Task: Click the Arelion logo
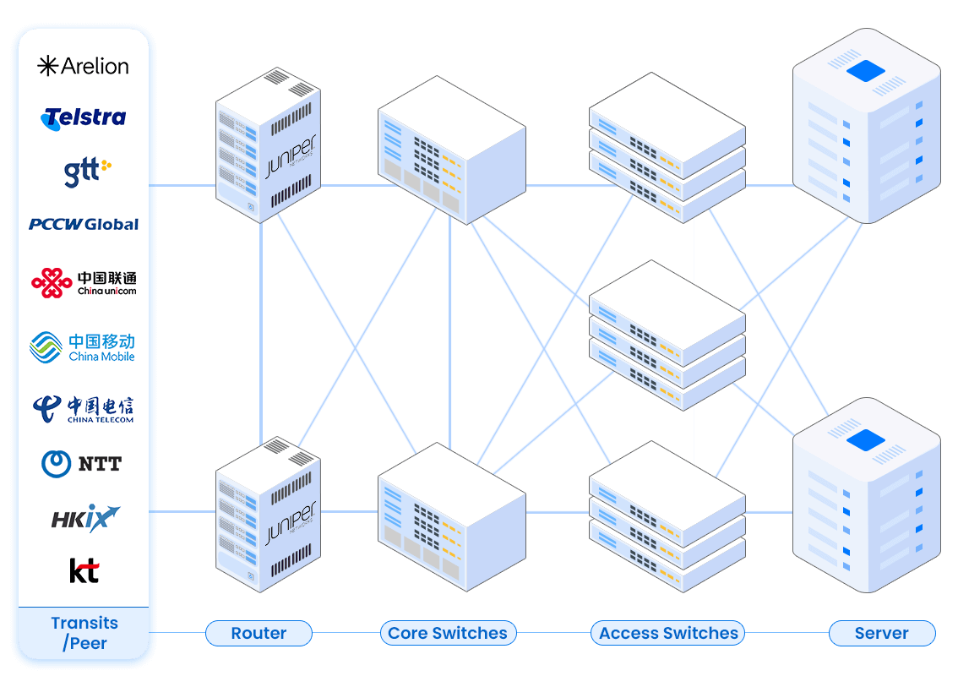click(x=84, y=66)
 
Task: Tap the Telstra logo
click(x=84, y=117)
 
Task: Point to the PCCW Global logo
click(x=84, y=224)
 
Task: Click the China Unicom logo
click(x=84, y=283)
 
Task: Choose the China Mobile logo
click(x=83, y=346)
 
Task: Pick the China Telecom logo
click(x=84, y=409)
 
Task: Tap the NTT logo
click(x=82, y=463)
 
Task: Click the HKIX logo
click(x=84, y=519)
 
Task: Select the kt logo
click(x=84, y=570)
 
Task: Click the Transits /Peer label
click(x=84, y=633)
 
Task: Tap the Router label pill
click(x=259, y=633)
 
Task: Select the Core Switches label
click(x=448, y=633)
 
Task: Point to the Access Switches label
click(x=668, y=633)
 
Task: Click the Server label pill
click(x=881, y=633)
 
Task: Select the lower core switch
click(x=451, y=515)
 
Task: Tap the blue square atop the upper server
click(x=865, y=71)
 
